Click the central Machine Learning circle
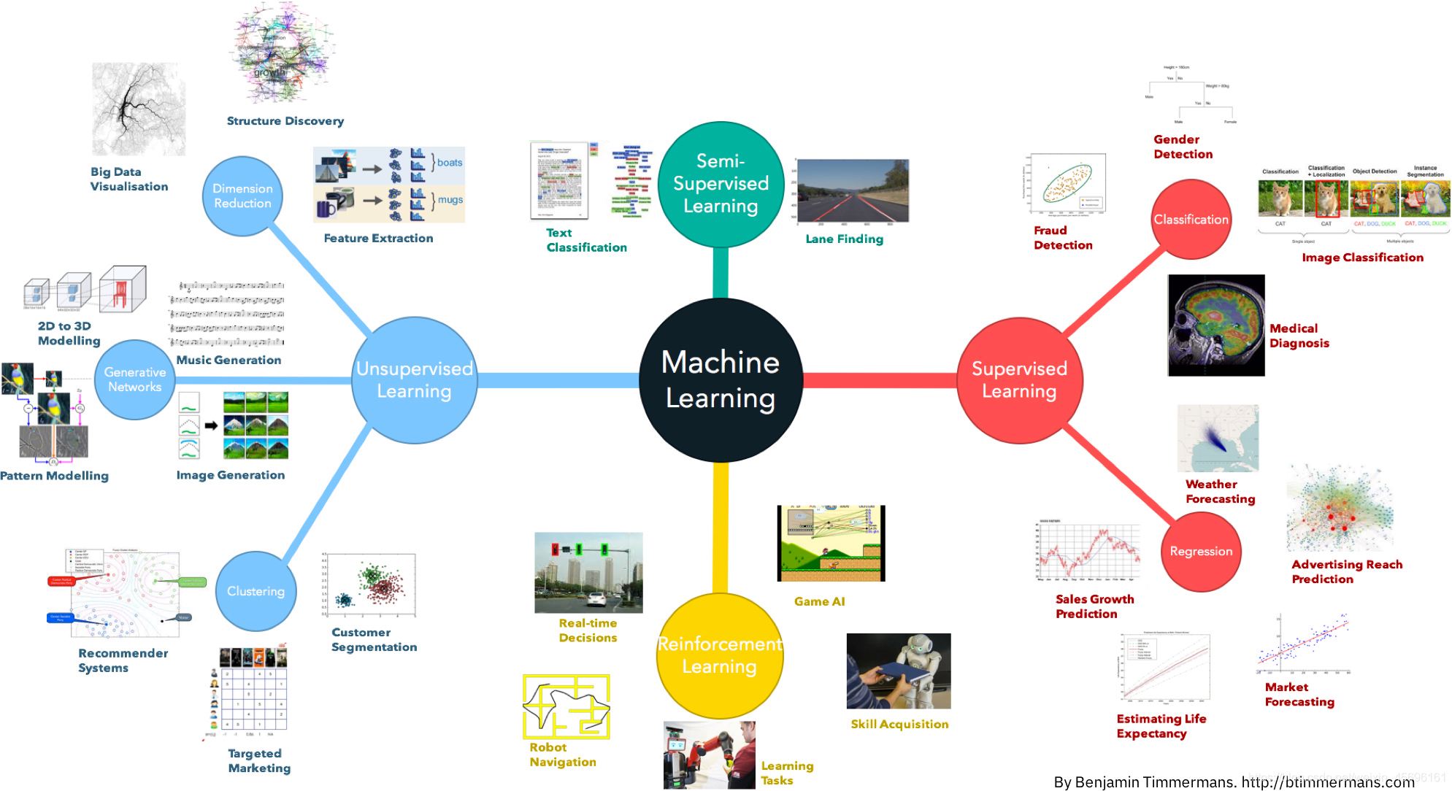click(721, 380)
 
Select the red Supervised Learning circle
click(1019, 380)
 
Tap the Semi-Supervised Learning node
click(721, 184)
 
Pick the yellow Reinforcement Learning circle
click(720, 655)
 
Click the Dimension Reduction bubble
click(242, 196)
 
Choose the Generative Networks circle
click(134, 379)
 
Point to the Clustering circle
click(256, 591)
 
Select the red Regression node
click(1201, 551)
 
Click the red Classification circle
click(1191, 219)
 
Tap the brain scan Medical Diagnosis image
click(1215, 325)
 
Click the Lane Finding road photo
click(853, 190)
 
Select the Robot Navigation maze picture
click(566, 706)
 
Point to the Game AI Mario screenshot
click(831, 543)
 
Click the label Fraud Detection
click(1063, 238)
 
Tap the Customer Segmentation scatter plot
click(369, 585)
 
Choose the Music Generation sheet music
click(227, 314)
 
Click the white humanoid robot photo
click(898, 671)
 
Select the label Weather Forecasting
click(1220, 491)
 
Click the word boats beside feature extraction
click(449, 163)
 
